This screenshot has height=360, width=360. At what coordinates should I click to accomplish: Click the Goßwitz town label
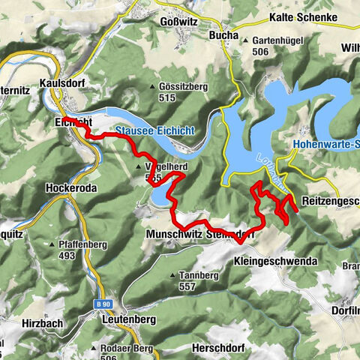click(x=179, y=22)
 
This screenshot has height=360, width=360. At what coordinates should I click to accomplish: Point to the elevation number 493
click(x=67, y=256)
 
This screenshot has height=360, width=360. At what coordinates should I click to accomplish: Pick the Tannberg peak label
click(x=198, y=275)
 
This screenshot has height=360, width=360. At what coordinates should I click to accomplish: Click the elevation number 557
click(x=187, y=286)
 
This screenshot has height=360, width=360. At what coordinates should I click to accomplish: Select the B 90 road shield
click(x=104, y=304)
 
